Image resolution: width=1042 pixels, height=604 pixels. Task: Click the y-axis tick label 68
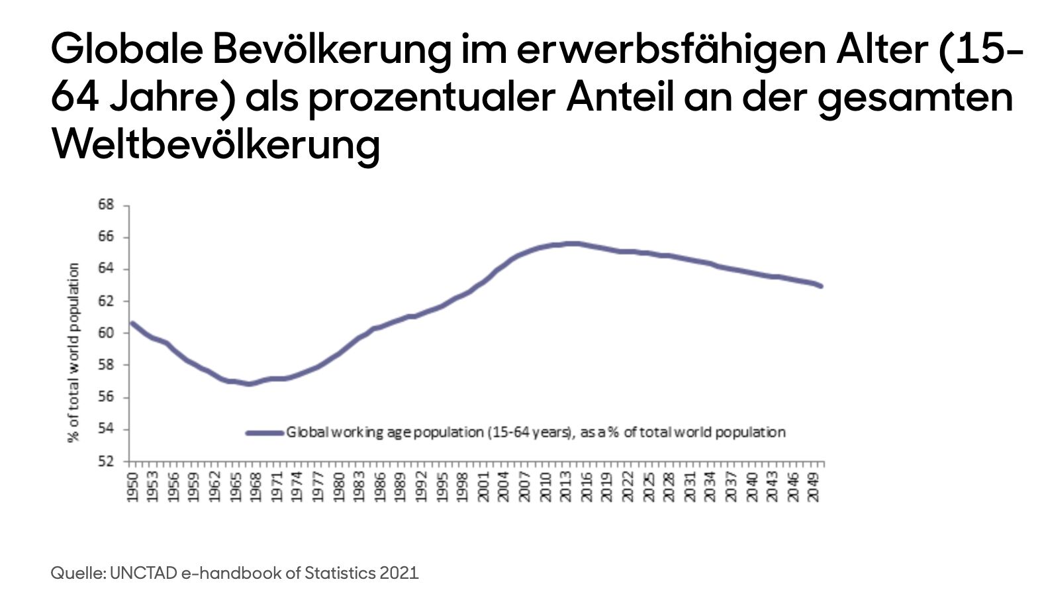point(106,205)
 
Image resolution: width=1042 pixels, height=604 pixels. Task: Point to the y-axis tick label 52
point(106,461)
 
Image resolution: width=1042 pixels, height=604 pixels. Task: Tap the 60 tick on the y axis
point(106,333)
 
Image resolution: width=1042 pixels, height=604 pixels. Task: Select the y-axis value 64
point(106,269)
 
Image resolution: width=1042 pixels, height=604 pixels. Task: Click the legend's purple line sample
point(265,433)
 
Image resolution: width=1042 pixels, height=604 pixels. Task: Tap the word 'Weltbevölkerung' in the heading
point(216,144)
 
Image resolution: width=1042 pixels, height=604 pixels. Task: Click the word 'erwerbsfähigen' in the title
point(671,50)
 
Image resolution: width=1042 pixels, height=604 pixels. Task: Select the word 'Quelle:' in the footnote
point(77,573)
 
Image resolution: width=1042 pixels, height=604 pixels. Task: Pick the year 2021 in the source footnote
point(399,573)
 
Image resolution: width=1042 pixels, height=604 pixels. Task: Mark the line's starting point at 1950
point(132,323)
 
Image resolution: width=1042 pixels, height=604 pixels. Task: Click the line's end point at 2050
point(822,286)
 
